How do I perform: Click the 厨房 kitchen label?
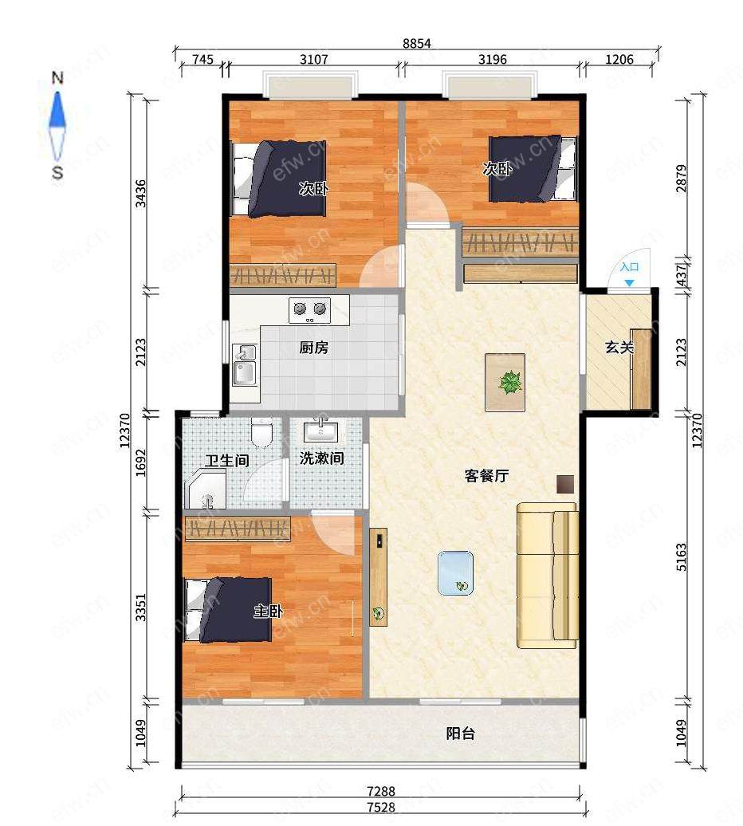point(314,348)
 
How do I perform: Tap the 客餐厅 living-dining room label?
point(486,476)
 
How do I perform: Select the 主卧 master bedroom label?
point(269,611)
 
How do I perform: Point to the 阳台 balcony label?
point(461,734)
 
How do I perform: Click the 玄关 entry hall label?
point(619,348)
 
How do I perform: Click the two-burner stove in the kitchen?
point(309,310)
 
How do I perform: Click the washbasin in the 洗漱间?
point(320,431)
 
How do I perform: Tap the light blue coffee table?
point(455,573)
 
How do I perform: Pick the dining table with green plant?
point(505,383)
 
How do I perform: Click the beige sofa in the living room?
point(548,576)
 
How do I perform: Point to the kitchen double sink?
point(245,366)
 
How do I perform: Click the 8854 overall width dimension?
point(417,43)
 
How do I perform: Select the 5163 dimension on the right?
point(682,557)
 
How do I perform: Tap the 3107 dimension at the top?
point(314,59)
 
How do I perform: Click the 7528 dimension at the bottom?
point(381,807)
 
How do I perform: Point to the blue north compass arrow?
point(57,109)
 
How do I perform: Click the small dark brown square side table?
point(565,484)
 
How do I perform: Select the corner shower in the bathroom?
point(205,489)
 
